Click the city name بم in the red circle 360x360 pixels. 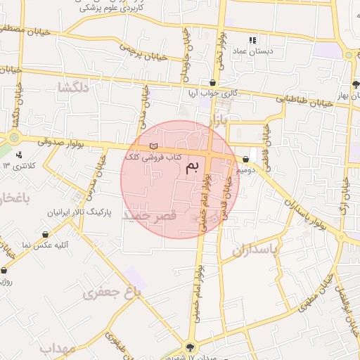pos(191,167)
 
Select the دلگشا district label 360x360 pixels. pos(75,88)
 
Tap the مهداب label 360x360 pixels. pos(57,348)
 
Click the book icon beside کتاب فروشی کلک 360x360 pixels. pos(153,146)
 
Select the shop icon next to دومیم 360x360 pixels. pos(244,160)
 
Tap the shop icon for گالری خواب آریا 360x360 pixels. pos(212,83)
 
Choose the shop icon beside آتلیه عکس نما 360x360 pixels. pos(46,234)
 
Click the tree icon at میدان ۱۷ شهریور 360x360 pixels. pos(190,346)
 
